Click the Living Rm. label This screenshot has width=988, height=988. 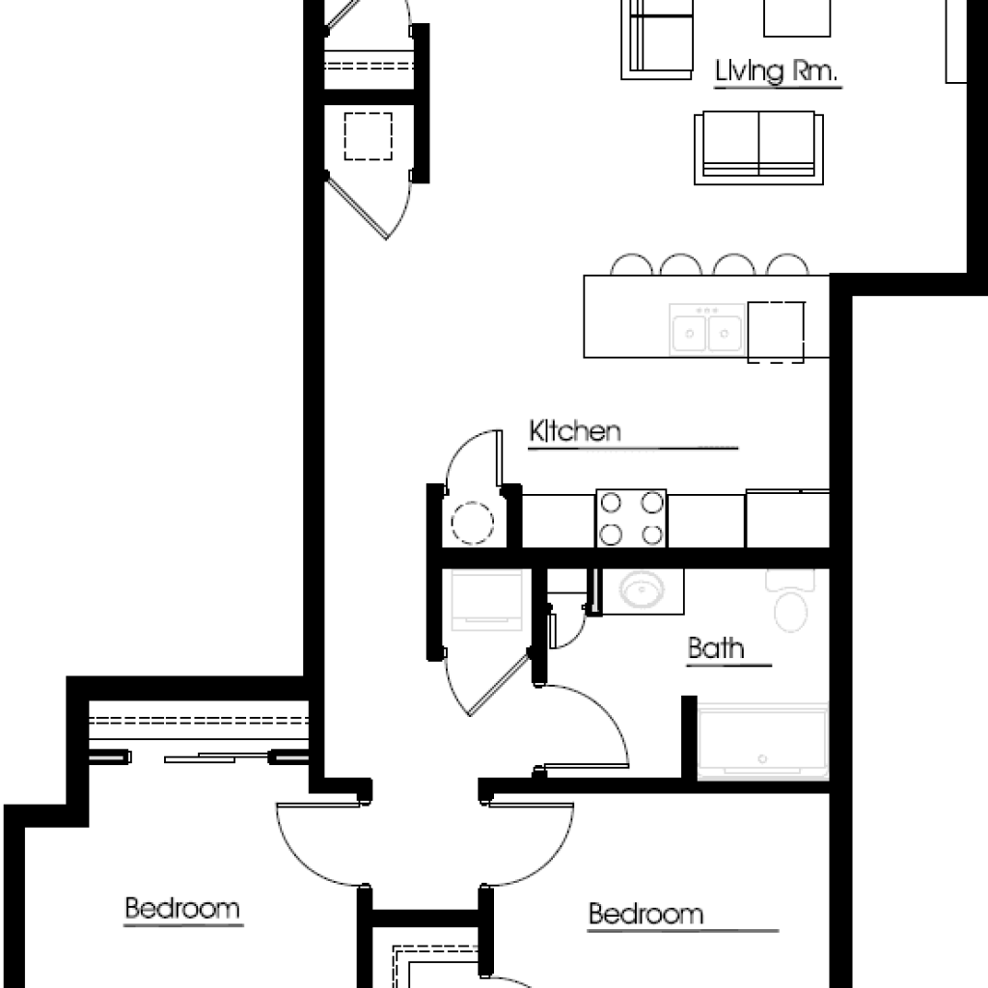click(777, 72)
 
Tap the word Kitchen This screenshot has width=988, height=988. click(575, 431)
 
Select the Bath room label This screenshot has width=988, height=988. click(716, 648)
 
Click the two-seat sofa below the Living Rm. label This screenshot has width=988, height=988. click(759, 147)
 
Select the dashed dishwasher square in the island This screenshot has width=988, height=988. click(777, 331)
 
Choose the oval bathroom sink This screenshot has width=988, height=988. click(641, 590)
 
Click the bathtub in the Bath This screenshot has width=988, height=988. click(762, 740)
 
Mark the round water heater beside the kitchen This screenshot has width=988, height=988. click(472, 522)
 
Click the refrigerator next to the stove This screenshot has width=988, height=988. click(786, 518)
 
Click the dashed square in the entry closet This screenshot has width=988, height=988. click(368, 136)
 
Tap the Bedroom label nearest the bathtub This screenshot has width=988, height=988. click(645, 914)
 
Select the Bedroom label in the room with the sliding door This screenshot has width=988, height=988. click(182, 909)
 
